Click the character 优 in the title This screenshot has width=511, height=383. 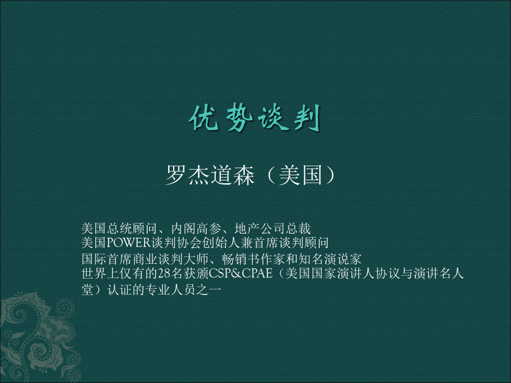[x=204, y=118]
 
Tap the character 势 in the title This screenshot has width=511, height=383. [x=239, y=118]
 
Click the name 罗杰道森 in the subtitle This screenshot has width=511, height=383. [x=210, y=175]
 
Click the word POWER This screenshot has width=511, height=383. [x=129, y=243]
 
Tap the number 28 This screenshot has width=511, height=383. [x=164, y=273]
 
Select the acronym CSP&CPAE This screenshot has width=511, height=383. [x=241, y=273]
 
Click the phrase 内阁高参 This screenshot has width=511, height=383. [x=196, y=229]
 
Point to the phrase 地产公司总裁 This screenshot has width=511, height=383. [x=273, y=229]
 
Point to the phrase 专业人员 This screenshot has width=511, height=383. [x=169, y=289]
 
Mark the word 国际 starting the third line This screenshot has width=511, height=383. [x=94, y=259]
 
